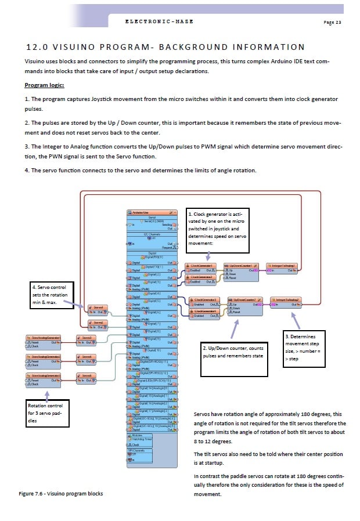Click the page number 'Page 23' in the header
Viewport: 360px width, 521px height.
(332, 22)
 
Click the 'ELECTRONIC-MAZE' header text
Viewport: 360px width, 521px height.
(159, 21)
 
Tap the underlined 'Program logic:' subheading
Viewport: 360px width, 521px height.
(44, 85)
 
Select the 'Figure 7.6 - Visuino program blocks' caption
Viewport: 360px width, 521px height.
(60, 494)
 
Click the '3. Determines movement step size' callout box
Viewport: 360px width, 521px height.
(306, 348)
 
